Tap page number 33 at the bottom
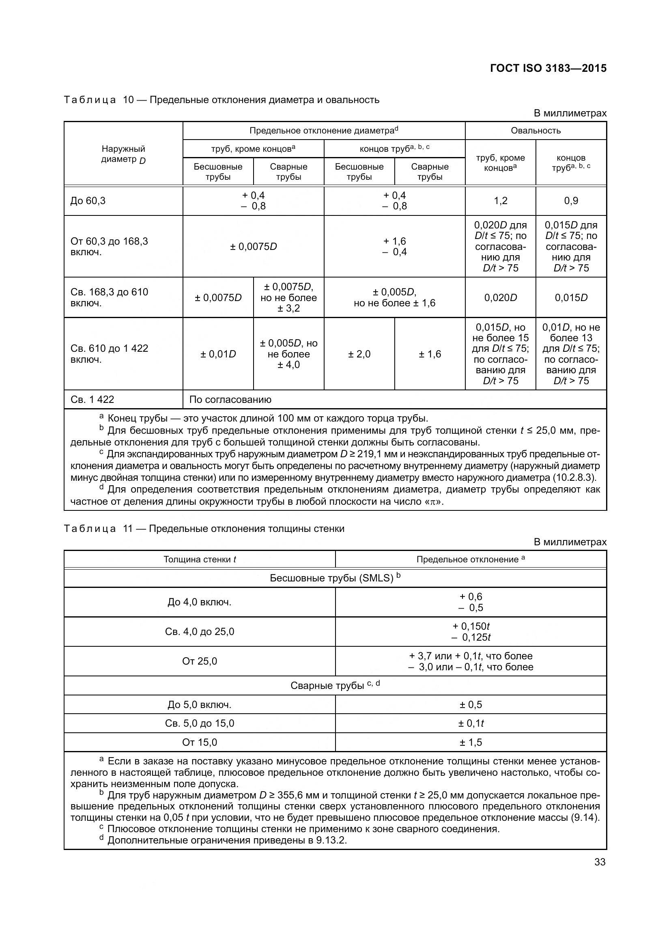(x=600, y=862)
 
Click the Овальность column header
(x=536, y=131)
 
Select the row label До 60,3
(x=88, y=201)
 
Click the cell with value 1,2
(x=500, y=201)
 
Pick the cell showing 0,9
(x=571, y=201)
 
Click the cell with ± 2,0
(x=359, y=354)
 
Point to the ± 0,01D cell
(x=218, y=354)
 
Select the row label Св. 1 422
(x=92, y=400)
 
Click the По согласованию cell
(x=230, y=400)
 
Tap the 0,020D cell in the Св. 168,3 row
(x=500, y=297)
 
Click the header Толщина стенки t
(x=200, y=560)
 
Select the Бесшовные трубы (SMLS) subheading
(x=335, y=578)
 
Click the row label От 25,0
(x=200, y=661)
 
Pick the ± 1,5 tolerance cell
(x=471, y=742)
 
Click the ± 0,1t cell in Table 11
(x=471, y=723)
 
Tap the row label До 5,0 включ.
(x=200, y=705)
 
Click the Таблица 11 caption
(x=204, y=529)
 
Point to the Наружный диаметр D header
(x=123, y=154)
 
